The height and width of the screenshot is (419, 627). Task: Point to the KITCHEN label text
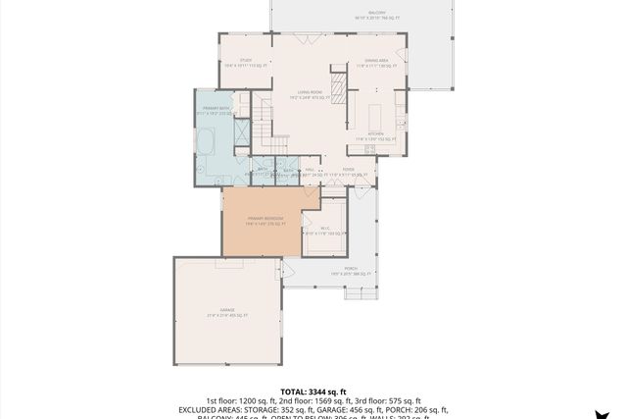[x=374, y=135]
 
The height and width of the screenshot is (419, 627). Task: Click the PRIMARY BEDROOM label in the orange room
[x=265, y=220]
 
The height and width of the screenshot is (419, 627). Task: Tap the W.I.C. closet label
[x=324, y=231]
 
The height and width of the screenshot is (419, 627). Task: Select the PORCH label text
[x=350, y=268]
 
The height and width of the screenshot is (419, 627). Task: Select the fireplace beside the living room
[x=338, y=88]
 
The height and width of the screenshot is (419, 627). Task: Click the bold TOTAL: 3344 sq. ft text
[x=313, y=391]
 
